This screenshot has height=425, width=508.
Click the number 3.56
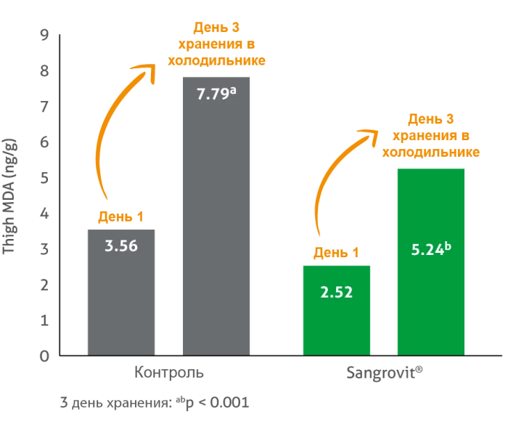click(121, 246)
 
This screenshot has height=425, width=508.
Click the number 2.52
click(336, 293)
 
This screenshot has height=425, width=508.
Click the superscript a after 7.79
click(233, 90)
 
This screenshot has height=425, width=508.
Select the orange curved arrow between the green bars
click(323, 189)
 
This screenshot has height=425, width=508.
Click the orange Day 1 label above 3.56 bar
click(120, 216)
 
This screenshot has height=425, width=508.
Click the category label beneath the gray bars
click(171, 372)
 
